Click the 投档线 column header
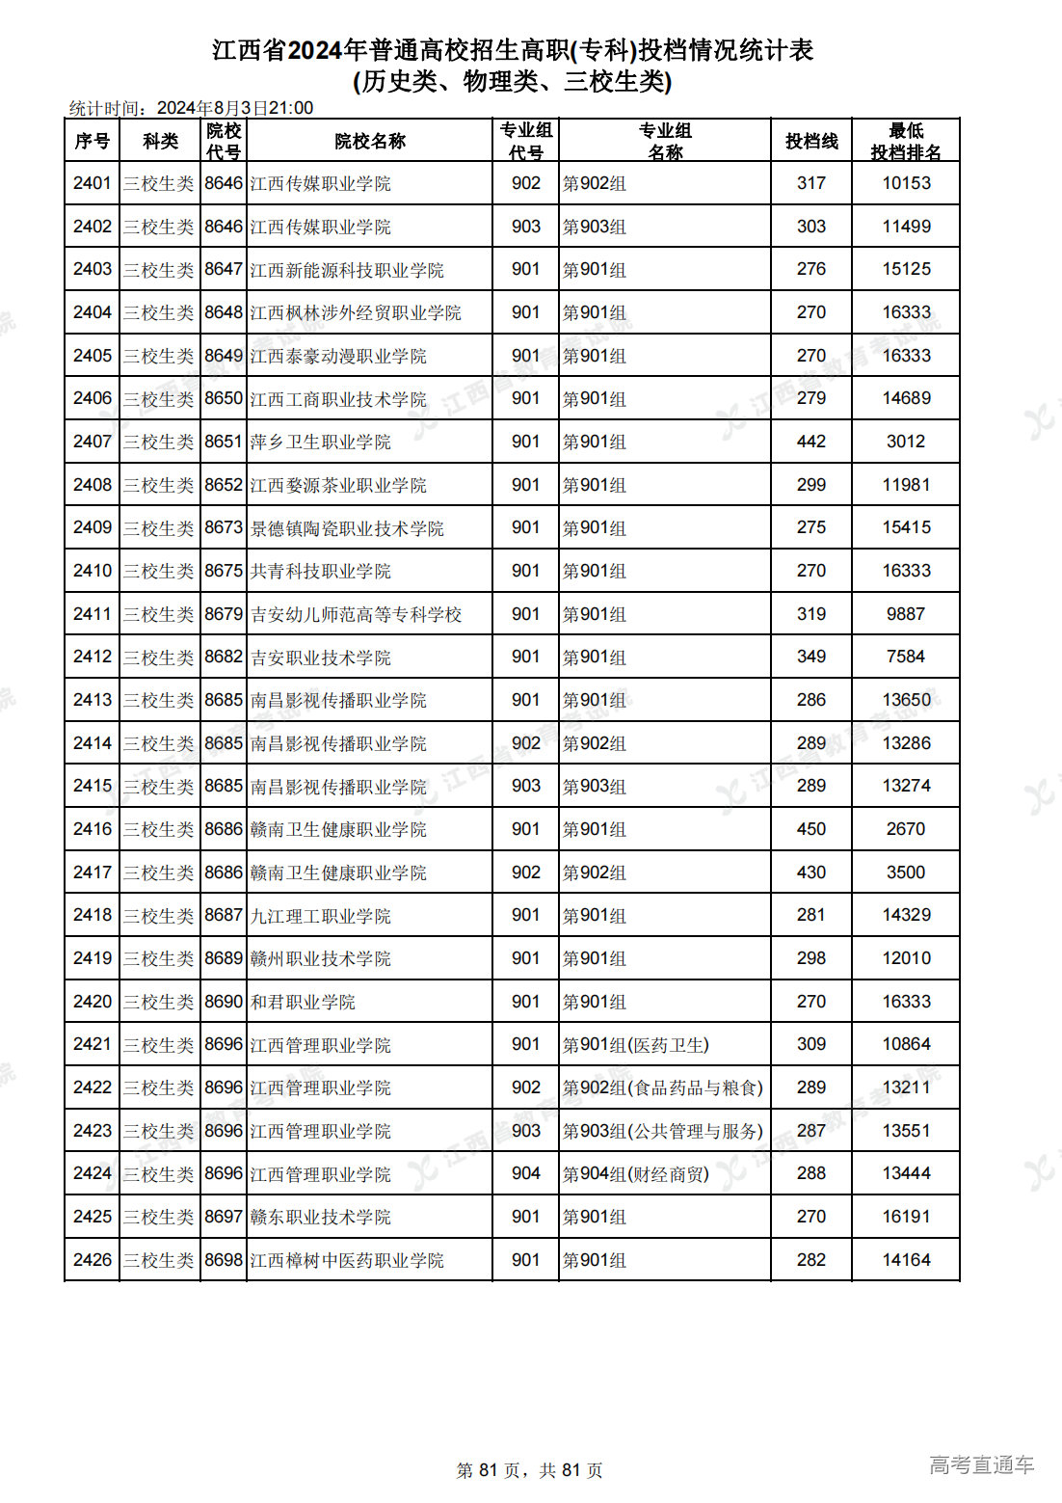pyautogui.click(x=810, y=141)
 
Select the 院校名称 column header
pyautogui.click(x=369, y=141)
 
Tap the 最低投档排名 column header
pyautogui.click(x=905, y=141)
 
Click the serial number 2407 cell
pyautogui.click(x=93, y=442)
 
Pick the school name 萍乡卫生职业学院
pyautogui.click(x=321, y=442)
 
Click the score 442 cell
pyautogui.click(x=810, y=442)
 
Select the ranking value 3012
pyautogui.click(x=905, y=442)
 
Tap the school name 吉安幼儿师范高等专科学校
pyautogui.click(x=356, y=614)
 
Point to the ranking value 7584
pyautogui.click(x=905, y=657)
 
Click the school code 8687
pyautogui.click(x=224, y=915)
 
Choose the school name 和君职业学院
pyautogui.click(x=303, y=1002)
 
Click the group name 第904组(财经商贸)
pyautogui.click(x=636, y=1173)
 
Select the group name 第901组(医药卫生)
pyautogui.click(x=636, y=1044)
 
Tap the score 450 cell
pyautogui.click(x=810, y=829)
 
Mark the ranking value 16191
pyautogui.click(x=905, y=1217)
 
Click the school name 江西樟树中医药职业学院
pyautogui.click(x=347, y=1260)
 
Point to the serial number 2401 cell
pyautogui.click(x=93, y=183)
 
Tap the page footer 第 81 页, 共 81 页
pyautogui.click(x=529, y=1470)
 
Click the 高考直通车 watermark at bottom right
pyautogui.click(x=981, y=1465)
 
